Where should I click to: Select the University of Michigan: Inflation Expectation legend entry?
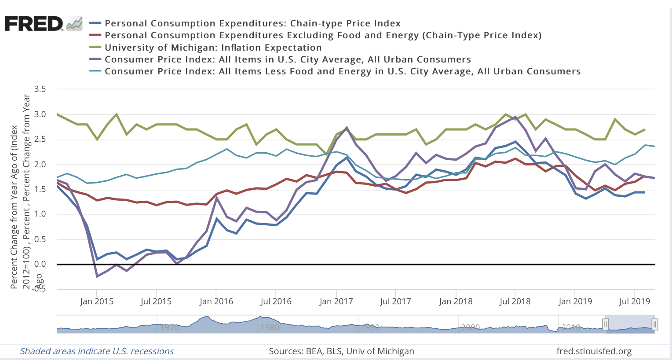pos(213,48)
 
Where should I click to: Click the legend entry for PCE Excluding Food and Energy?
pos(323,35)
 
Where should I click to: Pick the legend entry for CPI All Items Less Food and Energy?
pos(342,71)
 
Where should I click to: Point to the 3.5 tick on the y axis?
pos(40,89)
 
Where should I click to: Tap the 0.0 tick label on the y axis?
pos(40,264)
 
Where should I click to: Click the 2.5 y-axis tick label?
pos(40,140)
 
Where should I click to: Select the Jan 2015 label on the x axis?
pos(96,301)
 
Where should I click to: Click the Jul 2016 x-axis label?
pos(276,301)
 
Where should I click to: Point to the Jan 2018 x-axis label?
pos(456,301)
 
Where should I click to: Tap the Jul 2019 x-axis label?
pos(634,301)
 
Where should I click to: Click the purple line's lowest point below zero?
pos(97,276)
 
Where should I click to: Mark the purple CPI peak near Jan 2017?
pos(347,128)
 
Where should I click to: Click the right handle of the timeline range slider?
pos(654,325)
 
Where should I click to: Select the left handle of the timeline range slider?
pos(606,325)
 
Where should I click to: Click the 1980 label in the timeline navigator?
pos(270,327)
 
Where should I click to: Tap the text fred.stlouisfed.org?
pos(594,351)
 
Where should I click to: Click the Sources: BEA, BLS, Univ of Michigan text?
pos(341,351)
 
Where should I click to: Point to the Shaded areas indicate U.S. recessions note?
pos(97,351)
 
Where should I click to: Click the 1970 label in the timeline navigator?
pos(169,327)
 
